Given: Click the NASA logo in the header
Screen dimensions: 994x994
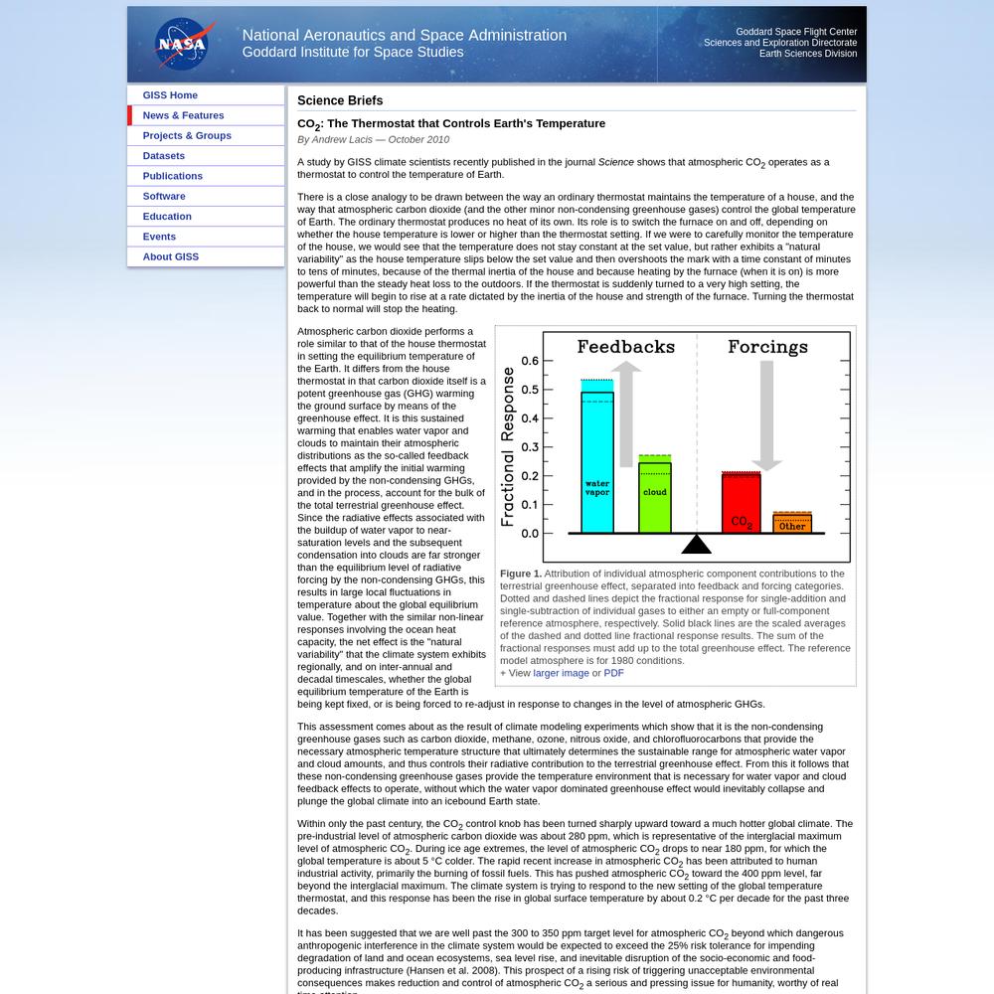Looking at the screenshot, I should click(181, 45).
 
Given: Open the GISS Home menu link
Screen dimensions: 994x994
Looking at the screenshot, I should click(170, 95).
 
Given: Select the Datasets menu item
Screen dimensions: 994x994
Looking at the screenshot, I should click(163, 156).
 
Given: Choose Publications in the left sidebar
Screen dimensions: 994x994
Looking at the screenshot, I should click(172, 176).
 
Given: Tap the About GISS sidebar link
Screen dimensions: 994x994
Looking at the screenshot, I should click(170, 256).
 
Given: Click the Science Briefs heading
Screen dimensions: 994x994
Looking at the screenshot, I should click(340, 100).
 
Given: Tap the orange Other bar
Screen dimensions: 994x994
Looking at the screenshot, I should click(792, 523).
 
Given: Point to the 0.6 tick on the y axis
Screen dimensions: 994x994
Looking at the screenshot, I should click(530, 361).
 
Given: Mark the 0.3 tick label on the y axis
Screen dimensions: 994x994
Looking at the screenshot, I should click(530, 447).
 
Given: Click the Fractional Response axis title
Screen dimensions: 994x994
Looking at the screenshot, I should click(508, 446).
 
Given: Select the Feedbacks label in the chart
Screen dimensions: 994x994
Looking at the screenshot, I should click(626, 347).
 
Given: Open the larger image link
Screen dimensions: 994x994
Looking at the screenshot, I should click(561, 673).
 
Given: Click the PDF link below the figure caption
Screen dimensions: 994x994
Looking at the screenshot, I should click(613, 673).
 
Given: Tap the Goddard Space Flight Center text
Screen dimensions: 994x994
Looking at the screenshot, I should click(795, 32).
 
